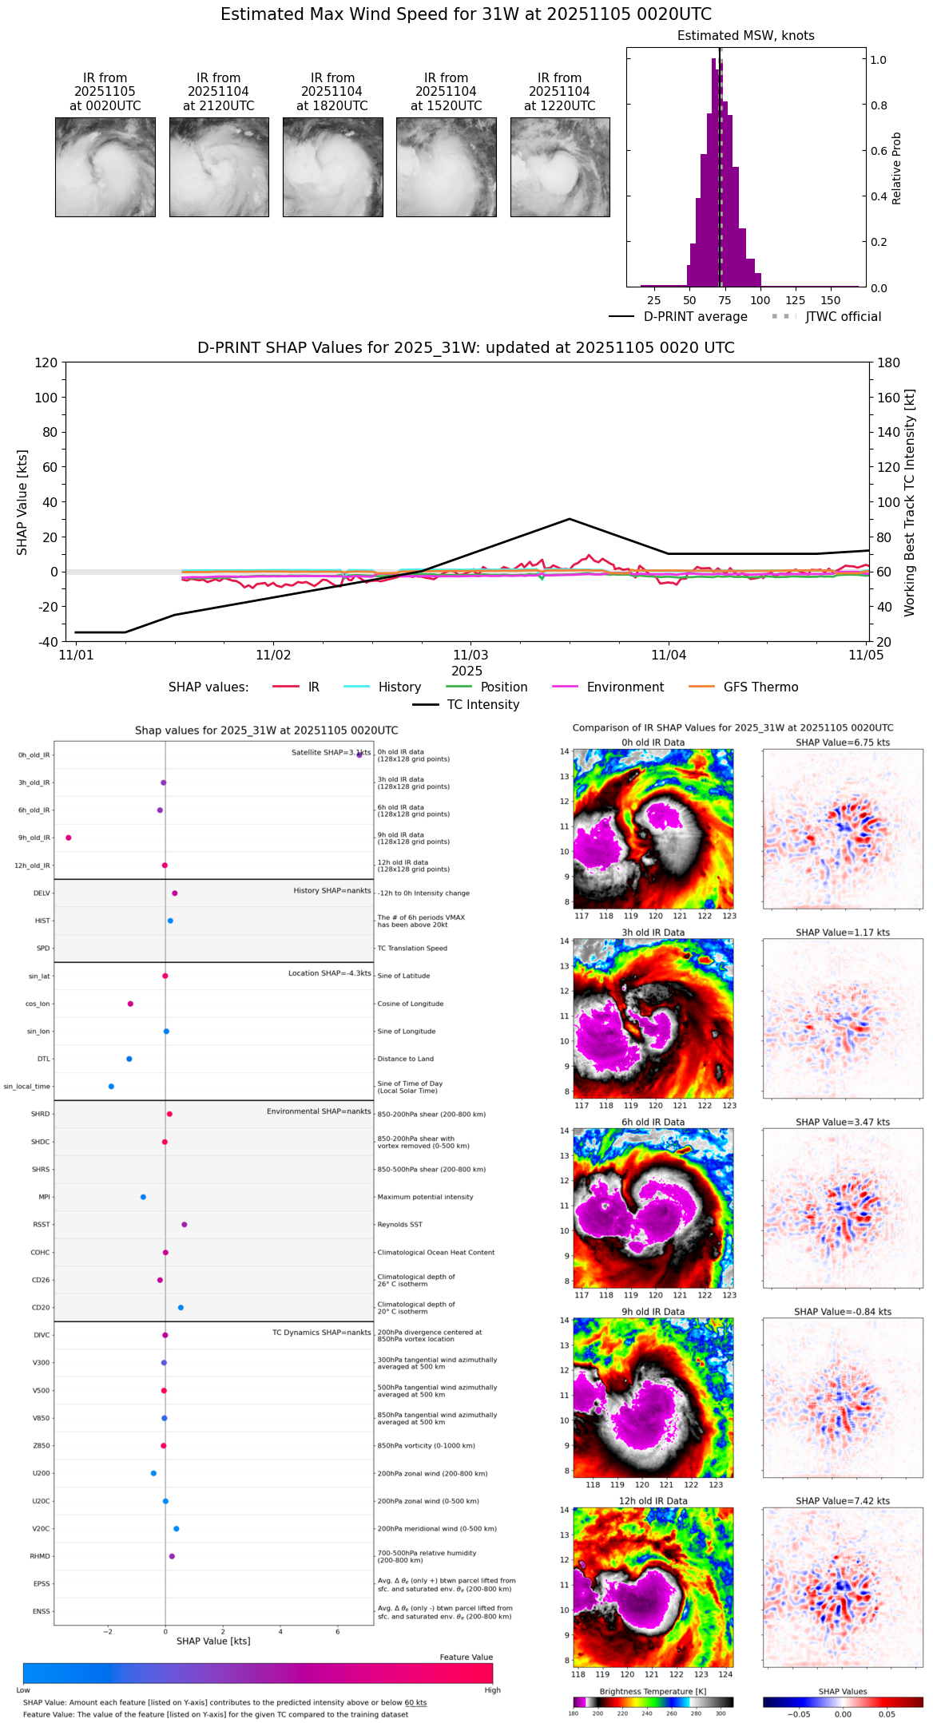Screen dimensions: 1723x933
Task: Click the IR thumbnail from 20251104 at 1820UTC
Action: (x=332, y=167)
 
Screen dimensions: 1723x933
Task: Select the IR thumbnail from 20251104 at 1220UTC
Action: (x=560, y=167)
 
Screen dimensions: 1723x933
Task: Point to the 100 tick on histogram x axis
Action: (x=760, y=301)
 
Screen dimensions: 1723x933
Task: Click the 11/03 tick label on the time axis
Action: (x=470, y=656)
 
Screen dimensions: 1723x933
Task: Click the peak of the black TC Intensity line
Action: (x=570, y=519)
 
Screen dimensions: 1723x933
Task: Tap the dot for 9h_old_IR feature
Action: (x=69, y=838)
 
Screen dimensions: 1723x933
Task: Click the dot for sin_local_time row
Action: (x=111, y=1086)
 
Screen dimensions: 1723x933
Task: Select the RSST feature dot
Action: (x=185, y=1224)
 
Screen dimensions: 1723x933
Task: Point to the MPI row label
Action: (x=44, y=1197)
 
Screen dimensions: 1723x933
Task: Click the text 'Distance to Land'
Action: (x=406, y=1059)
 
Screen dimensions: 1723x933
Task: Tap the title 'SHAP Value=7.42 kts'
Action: (x=843, y=1501)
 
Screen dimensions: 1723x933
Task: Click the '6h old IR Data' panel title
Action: (x=653, y=1122)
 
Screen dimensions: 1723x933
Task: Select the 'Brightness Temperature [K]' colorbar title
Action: (x=653, y=1691)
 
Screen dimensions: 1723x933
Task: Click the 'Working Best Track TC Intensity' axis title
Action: (x=910, y=503)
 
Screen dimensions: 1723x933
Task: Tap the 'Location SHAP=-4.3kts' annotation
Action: (x=330, y=973)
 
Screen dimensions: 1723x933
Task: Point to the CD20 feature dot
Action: (x=181, y=1307)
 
